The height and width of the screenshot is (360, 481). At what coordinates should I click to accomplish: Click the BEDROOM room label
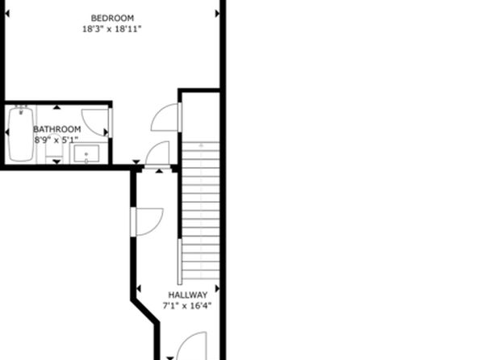click(x=112, y=18)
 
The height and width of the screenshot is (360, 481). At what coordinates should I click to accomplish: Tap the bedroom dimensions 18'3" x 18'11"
click(x=112, y=29)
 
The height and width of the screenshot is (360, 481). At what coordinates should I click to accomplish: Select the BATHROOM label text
click(x=57, y=129)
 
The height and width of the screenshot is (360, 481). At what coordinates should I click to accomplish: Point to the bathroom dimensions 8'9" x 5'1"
click(x=56, y=140)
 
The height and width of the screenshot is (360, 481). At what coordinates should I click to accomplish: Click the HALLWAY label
click(x=188, y=295)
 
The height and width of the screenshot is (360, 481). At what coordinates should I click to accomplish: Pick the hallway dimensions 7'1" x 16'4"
click(x=186, y=306)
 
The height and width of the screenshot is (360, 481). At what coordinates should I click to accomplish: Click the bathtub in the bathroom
click(x=21, y=133)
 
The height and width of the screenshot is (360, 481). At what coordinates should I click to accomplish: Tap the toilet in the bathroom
click(x=54, y=149)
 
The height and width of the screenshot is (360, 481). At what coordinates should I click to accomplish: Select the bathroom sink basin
click(x=87, y=153)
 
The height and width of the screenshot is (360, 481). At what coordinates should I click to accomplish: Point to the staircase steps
click(x=201, y=211)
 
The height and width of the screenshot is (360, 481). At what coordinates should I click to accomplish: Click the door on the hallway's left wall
click(x=147, y=222)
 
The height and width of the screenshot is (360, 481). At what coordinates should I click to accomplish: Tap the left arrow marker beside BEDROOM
click(x=7, y=14)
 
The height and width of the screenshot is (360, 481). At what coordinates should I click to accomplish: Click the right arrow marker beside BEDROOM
click(x=217, y=14)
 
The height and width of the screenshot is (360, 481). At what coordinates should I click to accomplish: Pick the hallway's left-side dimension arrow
click(x=139, y=288)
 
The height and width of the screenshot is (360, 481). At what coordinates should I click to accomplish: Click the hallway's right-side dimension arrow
click(x=217, y=288)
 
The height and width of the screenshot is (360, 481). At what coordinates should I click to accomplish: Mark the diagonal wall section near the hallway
click(x=145, y=312)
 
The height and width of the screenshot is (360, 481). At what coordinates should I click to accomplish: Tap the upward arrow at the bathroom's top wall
click(x=56, y=107)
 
